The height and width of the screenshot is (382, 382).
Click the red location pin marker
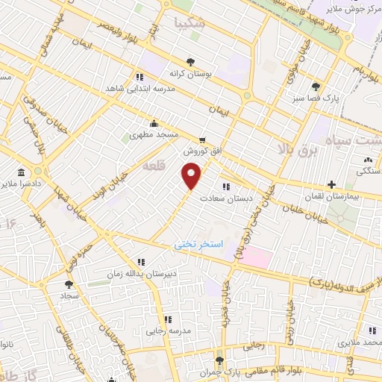(x=192, y=176)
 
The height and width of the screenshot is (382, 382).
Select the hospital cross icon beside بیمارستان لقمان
(x=331, y=184)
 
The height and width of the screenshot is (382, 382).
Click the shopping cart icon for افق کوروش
(x=201, y=140)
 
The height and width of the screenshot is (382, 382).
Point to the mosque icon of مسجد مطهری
(x=154, y=124)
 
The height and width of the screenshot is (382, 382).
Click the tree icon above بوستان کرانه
(x=192, y=63)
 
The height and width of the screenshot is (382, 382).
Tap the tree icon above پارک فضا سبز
(x=316, y=86)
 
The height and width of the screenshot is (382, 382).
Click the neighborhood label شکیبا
(x=188, y=23)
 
